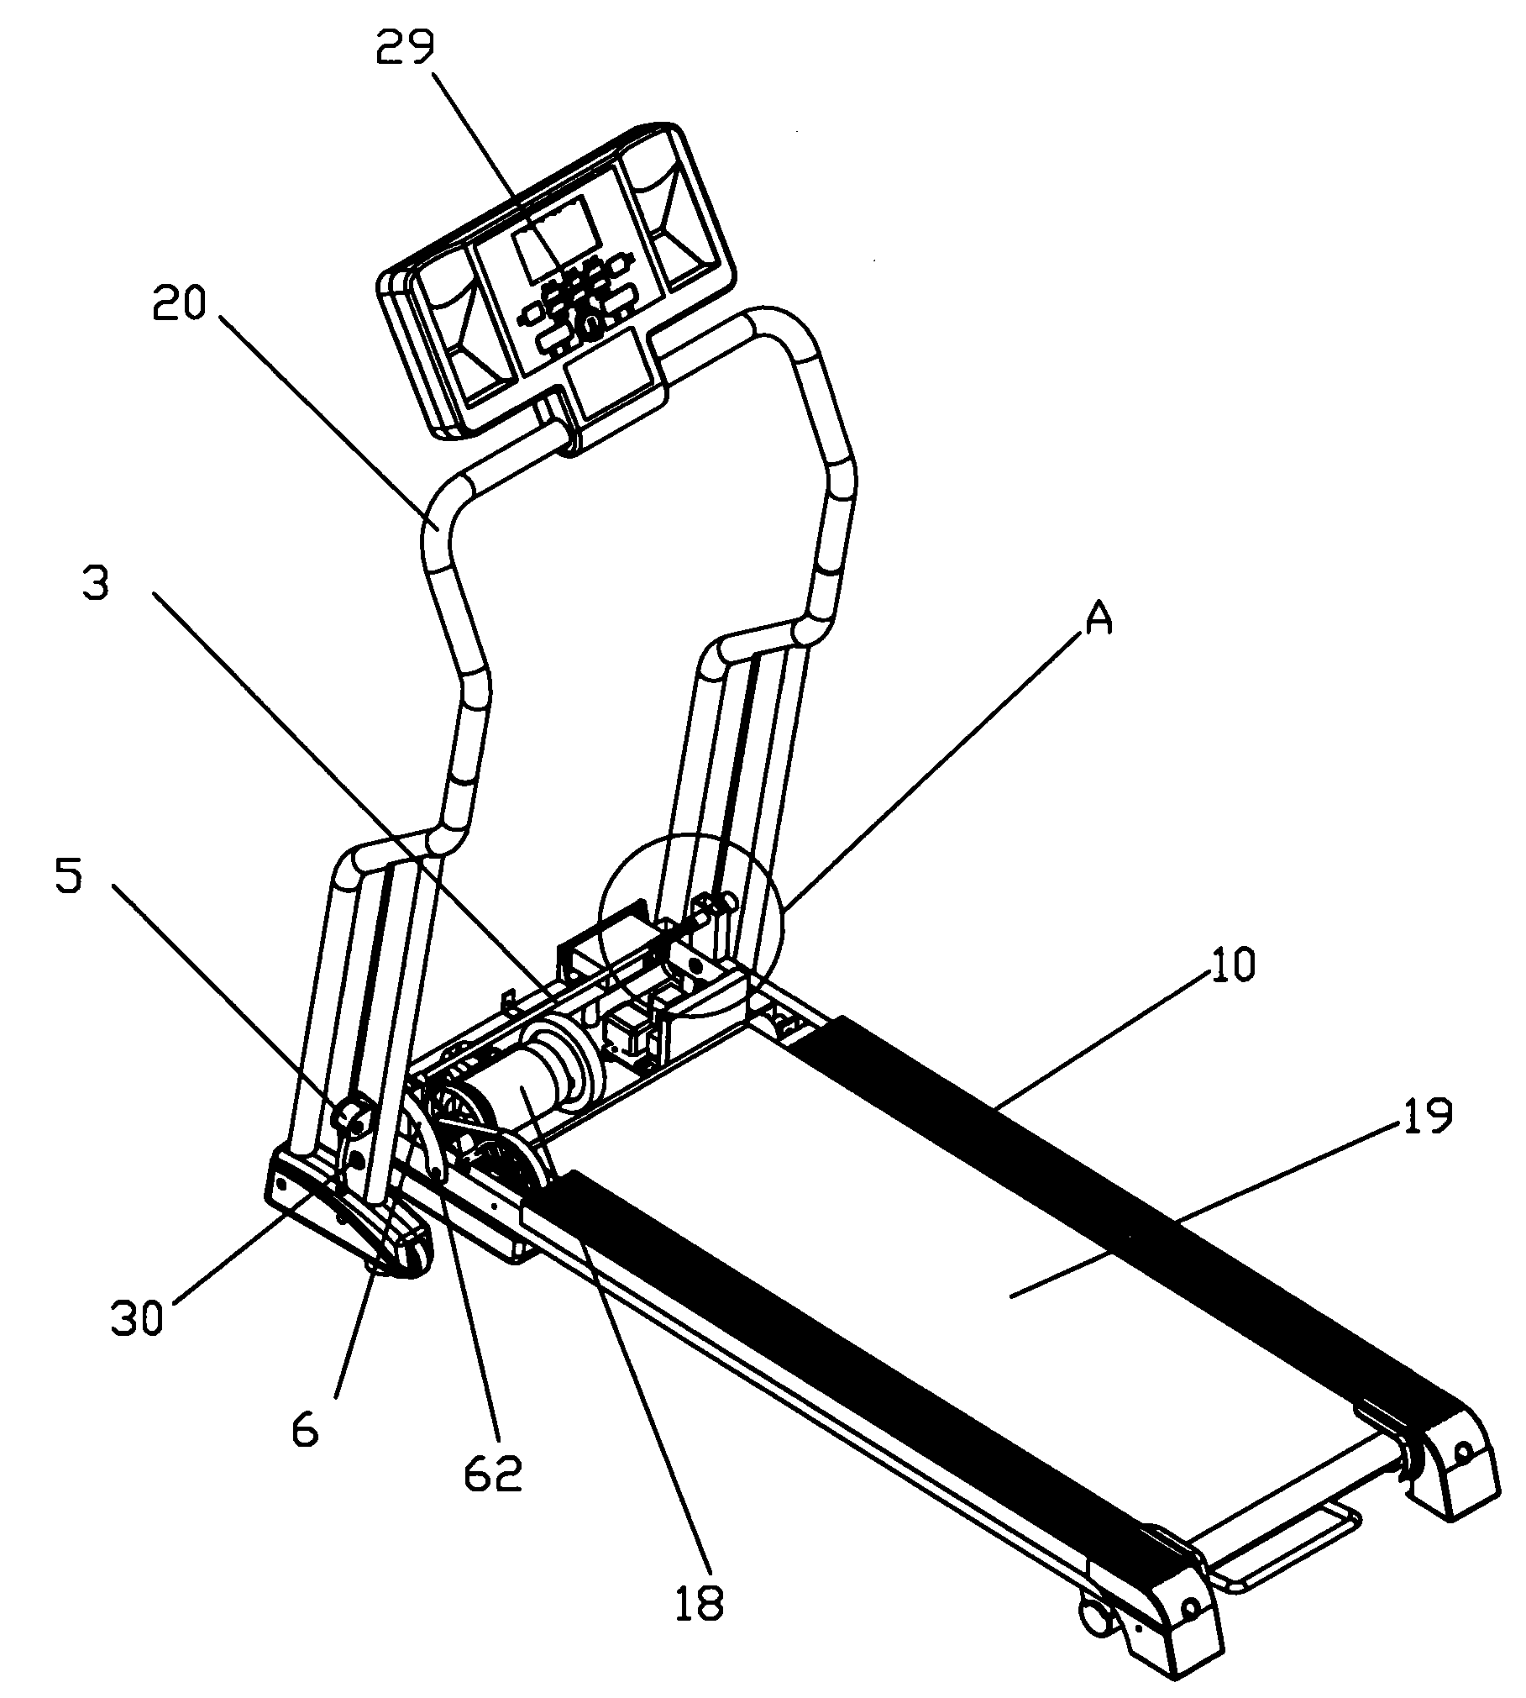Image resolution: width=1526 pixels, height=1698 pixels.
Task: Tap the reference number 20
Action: coord(178,304)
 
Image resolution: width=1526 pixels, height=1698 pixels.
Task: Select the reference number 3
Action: coord(96,582)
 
